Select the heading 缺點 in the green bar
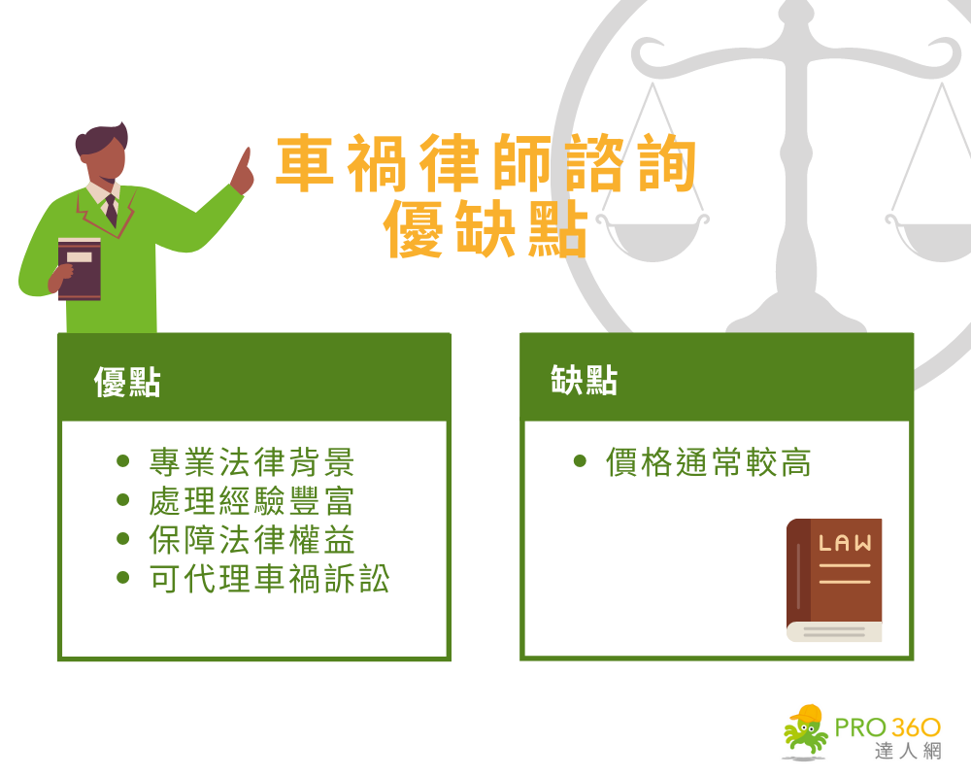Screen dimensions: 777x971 (x=584, y=381)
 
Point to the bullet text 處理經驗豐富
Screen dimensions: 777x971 (x=252, y=501)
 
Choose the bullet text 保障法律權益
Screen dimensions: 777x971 (x=252, y=540)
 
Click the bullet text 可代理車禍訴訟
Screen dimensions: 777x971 (x=270, y=579)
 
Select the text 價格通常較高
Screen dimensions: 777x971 (x=708, y=462)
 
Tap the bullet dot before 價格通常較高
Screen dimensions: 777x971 (x=580, y=461)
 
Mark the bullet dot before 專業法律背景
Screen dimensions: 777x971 (x=122, y=461)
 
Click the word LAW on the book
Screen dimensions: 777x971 (x=845, y=544)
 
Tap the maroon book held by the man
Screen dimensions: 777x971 (x=80, y=268)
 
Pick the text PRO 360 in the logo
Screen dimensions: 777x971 (x=887, y=726)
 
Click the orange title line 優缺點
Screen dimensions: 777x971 (x=485, y=229)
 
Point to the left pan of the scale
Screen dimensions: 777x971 (x=652, y=232)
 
